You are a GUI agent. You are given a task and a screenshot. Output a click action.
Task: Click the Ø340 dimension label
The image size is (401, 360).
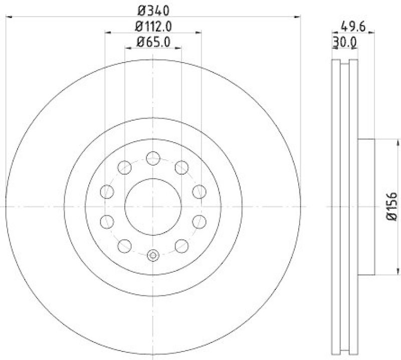click(x=153, y=10)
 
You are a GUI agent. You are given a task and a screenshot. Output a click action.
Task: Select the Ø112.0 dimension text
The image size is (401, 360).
click(x=153, y=27)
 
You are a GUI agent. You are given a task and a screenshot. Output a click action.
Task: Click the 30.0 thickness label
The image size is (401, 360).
click(x=344, y=43)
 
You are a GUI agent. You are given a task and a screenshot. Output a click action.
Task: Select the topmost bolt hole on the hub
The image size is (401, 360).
click(x=153, y=159)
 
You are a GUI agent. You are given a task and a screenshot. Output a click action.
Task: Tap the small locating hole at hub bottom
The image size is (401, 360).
click(x=153, y=255)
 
